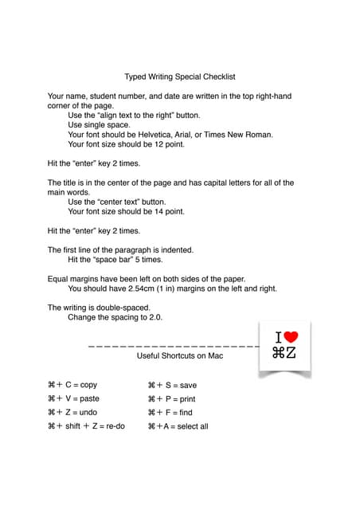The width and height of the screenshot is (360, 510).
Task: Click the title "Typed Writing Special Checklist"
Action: click(179, 77)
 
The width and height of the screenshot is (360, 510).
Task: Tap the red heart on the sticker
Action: click(291, 337)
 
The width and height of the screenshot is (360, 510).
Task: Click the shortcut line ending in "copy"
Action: click(72, 385)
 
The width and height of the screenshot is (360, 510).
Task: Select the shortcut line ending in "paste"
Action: click(74, 398)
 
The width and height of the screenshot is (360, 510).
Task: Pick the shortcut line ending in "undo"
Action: click(72, 413)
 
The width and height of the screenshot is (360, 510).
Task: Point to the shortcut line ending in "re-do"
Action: click(87, 426)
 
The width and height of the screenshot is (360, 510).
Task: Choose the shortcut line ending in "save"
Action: click(172, 385)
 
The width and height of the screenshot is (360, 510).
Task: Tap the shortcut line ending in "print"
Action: click(171, 398)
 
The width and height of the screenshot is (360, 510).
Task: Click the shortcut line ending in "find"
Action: click(170, 413)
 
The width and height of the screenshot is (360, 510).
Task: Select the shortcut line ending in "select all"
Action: click(178, 426)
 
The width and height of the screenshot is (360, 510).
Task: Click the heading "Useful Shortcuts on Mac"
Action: click(180, 355)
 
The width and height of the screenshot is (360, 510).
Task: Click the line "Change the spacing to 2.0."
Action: click(115, 317)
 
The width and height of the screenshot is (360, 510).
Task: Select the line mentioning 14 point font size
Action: click(126, 212)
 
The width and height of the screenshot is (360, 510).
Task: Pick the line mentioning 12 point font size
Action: click(126, 144)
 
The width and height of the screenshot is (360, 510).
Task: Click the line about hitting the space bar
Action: click(115, 260)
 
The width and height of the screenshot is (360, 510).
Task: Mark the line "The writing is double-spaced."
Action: click(100, 308)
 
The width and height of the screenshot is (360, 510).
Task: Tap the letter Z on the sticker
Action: click(292, 353)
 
